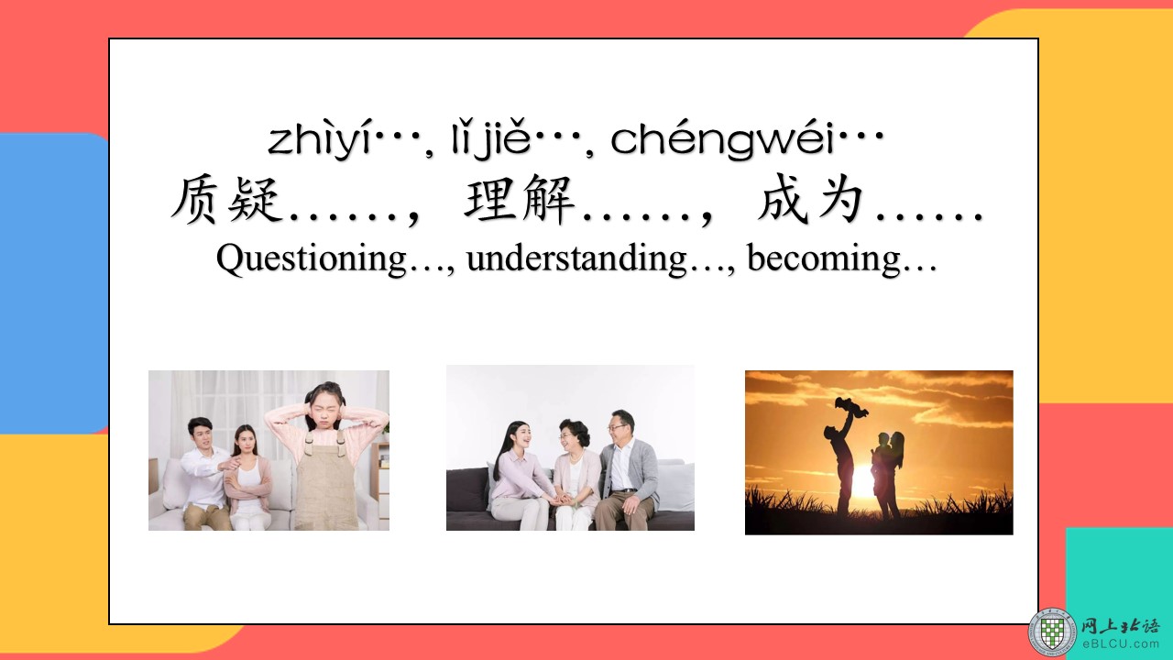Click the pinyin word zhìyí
click(320, 140)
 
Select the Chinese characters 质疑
click(225, 200)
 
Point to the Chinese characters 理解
click(519, 200)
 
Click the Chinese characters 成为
click(811, 200)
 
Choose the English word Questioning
click(312, 259)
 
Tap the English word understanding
click(576, 258)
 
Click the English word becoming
click(824, 258)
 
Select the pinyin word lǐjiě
click(491, 140)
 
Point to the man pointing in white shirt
click(205, 474)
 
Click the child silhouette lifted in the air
click(850, 408)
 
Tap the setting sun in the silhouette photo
click(863, 482)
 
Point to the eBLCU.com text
click(1121, 644)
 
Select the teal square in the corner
click(1119, 577)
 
